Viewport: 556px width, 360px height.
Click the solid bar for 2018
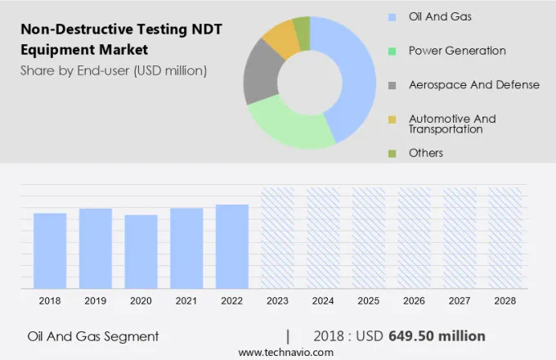coord(50,250)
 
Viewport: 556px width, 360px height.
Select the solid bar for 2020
coord(141,251)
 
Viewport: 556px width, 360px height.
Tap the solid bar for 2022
coord(232,245)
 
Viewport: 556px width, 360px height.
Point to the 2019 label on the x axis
coord(95,301)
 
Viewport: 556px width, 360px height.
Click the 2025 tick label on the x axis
coord(369,301)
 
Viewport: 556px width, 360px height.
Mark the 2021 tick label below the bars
coord(186,301)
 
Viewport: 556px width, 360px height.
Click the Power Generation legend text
coord(457,51)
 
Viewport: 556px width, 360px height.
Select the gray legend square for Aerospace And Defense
coord(392,85)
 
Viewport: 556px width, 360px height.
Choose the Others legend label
coord(426,153)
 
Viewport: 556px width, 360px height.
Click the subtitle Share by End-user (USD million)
coord(114,70)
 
